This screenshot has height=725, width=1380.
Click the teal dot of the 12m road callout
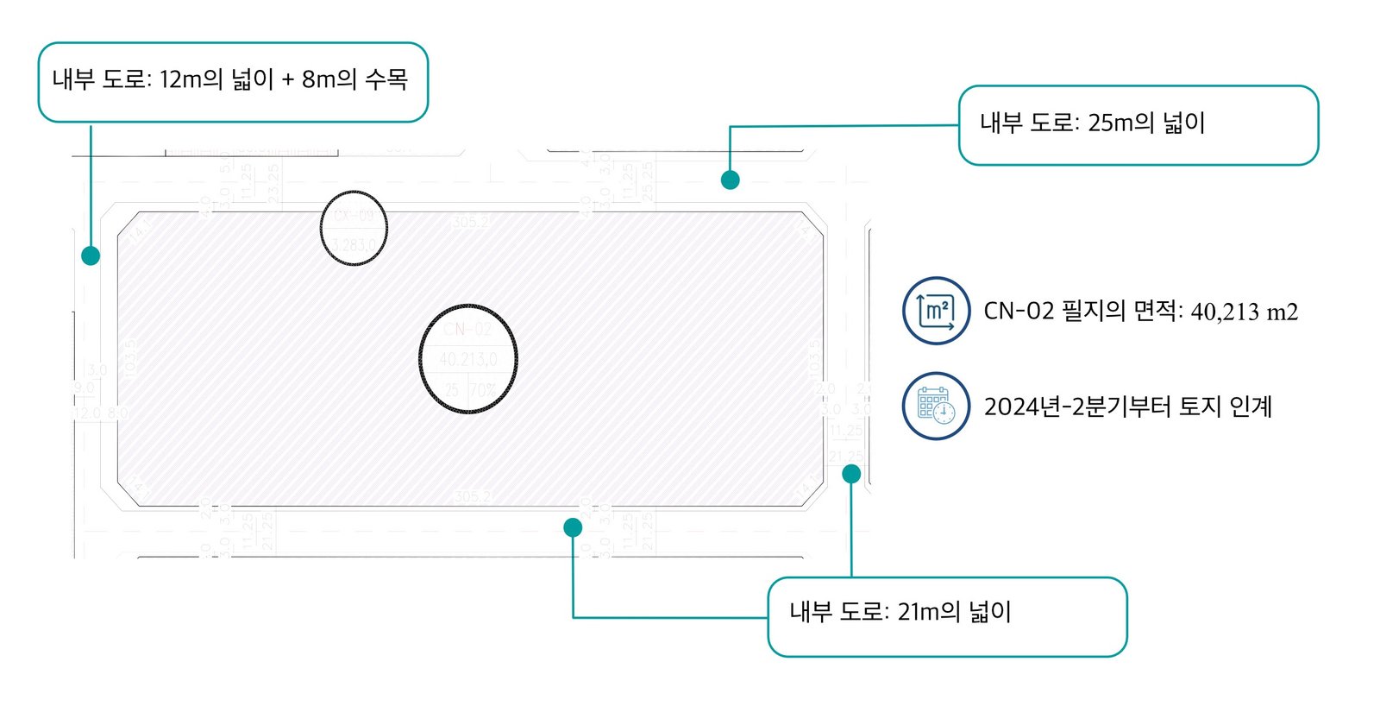coord(91,255)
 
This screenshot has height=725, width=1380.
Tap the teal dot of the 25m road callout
coord(730,180)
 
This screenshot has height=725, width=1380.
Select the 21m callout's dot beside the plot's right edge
coord(851,473)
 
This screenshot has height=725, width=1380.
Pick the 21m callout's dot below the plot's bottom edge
coord(573,527)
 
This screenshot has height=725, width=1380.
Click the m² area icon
coord(936,311)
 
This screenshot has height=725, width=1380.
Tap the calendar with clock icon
coord(936,406)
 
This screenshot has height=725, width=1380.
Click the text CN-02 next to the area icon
coord(1019,311)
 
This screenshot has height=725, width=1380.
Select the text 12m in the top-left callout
coord(180,79)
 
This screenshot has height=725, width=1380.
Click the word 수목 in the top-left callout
coord(386,79)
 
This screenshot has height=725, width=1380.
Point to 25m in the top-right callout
coord(1109,123)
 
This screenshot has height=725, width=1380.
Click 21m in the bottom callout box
coord(918,612)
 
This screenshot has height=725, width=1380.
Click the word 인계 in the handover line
coord(1251,406)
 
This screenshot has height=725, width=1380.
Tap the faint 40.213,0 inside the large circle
coord(467,359)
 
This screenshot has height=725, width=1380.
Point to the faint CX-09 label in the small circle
coord(354,216)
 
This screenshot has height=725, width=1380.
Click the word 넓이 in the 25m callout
coord(1183,123)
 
